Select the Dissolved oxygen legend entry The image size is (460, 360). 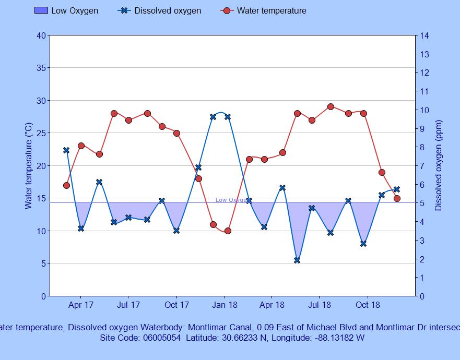(x=168, y=10)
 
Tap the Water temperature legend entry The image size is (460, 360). (x=272, y=10)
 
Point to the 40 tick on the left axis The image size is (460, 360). (x=41, y=35)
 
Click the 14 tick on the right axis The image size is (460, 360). (x=424, y=35)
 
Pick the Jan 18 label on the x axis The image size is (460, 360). (x=225, y=305)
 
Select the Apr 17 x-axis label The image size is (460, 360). (x=81, y=305)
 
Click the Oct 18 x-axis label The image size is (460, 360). (x=368, y=305)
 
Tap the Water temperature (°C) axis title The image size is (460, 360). (x=29, y=166)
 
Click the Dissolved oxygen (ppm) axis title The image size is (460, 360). (x=439, y=166)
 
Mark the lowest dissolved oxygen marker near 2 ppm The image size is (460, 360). (x=297, y=260)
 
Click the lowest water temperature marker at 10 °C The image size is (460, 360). (x=228, y=231)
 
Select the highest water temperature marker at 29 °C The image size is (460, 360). (x=331, y=107)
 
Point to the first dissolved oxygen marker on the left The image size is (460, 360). (x=66, y=150)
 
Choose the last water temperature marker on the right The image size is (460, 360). (x=397, y=198)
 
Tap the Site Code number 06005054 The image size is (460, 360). (x=162, y=338)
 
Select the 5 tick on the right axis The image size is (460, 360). (x=422, y=203)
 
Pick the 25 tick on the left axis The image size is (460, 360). (x=41, y=133)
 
